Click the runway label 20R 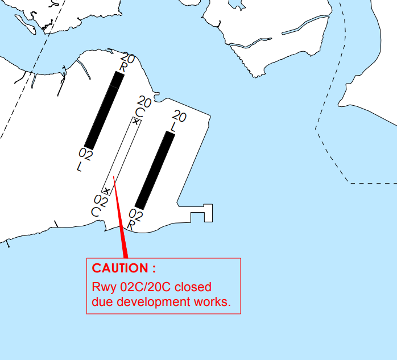(x=127, y=63)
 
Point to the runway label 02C (x=100, y=206)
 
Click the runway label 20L (x=177, y=121)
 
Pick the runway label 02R (x=135, y=220)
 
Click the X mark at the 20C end (x=136, y=122)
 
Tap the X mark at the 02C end (x=107, y=191)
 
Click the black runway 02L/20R (x=104, y=111)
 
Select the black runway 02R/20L (x=155, y=171)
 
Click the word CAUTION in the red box (x=120, y=268)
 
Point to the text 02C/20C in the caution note (x=146, y=287)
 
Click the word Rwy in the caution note (x=104, y=288)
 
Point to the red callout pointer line (x=120, y=217)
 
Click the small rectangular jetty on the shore (x=201, y=213)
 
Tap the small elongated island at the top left (x=26, y=24)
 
